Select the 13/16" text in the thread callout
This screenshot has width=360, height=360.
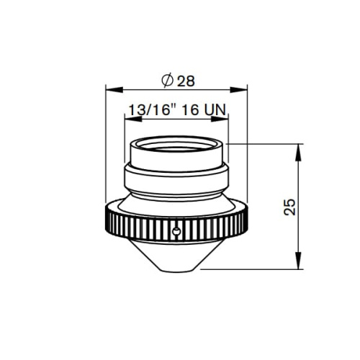click(x=148, y=111)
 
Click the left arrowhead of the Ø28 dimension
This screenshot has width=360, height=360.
click(x=109, y=89)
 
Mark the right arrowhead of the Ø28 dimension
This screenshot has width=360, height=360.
click(x=243, y=89)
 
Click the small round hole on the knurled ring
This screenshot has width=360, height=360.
click(x=176, y=230)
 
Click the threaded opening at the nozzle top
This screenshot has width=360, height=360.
click(x=176, y=148)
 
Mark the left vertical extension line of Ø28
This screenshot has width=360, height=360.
click(x=105, y=144)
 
